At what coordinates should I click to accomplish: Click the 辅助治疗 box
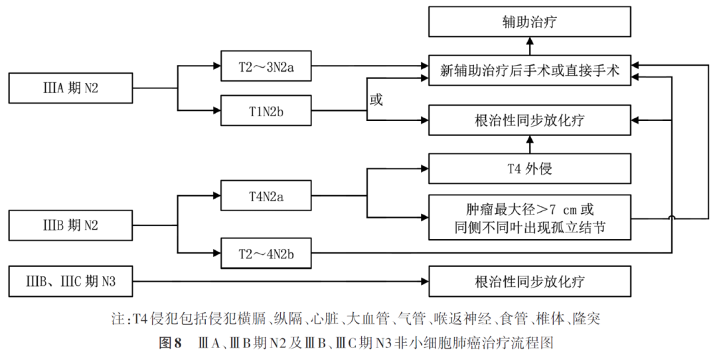point(529,23)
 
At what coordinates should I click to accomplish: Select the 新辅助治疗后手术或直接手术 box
point(529,71)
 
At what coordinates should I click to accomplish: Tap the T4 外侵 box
point(529,169)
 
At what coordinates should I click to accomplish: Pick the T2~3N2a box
point(266,66)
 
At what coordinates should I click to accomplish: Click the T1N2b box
point(266,110)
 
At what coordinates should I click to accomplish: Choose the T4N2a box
point(266,196)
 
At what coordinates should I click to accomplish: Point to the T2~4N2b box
point(266,253)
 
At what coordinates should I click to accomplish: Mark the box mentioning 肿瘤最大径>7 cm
point(529,217)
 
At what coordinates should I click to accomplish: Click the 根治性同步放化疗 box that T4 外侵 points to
point(529,120)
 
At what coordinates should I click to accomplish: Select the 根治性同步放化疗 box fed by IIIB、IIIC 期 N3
point(529,282)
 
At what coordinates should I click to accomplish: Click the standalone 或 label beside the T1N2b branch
point(376,100)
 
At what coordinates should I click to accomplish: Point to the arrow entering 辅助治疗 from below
point(530,45)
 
